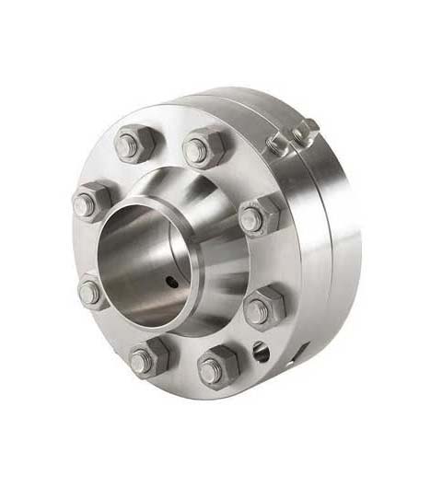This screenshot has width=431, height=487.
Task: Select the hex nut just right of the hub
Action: [260, 216]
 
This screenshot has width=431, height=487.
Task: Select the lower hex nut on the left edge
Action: [92, 292]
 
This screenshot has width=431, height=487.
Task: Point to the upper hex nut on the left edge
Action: [93, 203]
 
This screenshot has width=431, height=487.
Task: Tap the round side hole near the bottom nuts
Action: [261, 350]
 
